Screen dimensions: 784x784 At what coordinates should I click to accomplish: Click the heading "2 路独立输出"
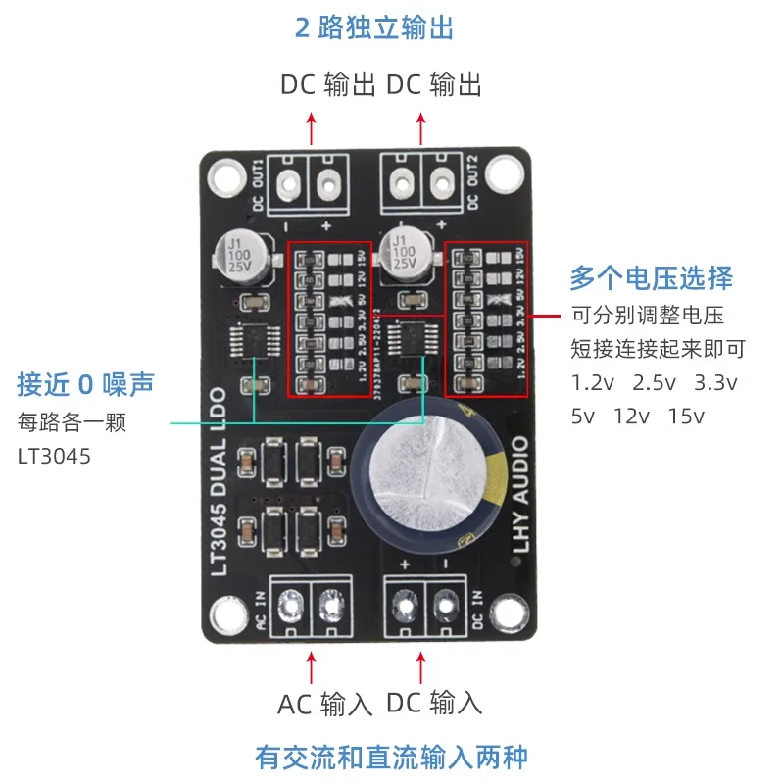[x=374, y=27]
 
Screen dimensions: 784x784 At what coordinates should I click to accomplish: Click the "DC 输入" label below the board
[x=434, y=703]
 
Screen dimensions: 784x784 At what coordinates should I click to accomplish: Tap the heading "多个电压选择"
[x=651, y=278]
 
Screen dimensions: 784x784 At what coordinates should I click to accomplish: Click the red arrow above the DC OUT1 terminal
[x=312, y=128]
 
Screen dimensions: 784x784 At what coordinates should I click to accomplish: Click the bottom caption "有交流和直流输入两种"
[x=391, y=757]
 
